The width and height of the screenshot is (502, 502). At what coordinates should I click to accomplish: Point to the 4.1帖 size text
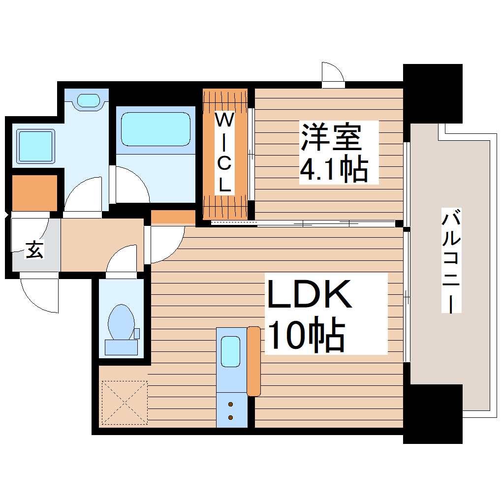[334, 170]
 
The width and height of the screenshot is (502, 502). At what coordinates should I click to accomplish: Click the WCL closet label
[225, 153]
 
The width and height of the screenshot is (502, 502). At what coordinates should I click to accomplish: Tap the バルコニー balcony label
[451, 261]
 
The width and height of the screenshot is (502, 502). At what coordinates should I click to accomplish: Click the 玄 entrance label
[34, 250]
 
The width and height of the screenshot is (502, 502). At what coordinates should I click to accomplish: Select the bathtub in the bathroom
[156, 129]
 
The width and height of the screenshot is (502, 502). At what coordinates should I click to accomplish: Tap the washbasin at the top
[89, 100]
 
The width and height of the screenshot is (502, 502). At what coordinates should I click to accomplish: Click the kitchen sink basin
[230, 351]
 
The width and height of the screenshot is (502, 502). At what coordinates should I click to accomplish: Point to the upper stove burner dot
[231, 405]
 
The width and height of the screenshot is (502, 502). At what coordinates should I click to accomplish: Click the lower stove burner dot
[231, 417]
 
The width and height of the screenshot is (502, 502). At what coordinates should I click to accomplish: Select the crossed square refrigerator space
[124, 402]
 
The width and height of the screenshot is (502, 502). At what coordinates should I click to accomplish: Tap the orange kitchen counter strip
[253, 361]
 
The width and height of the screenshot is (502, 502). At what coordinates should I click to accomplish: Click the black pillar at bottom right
[433, 414]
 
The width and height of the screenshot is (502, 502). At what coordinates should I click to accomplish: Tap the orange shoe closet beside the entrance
[34, 192]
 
